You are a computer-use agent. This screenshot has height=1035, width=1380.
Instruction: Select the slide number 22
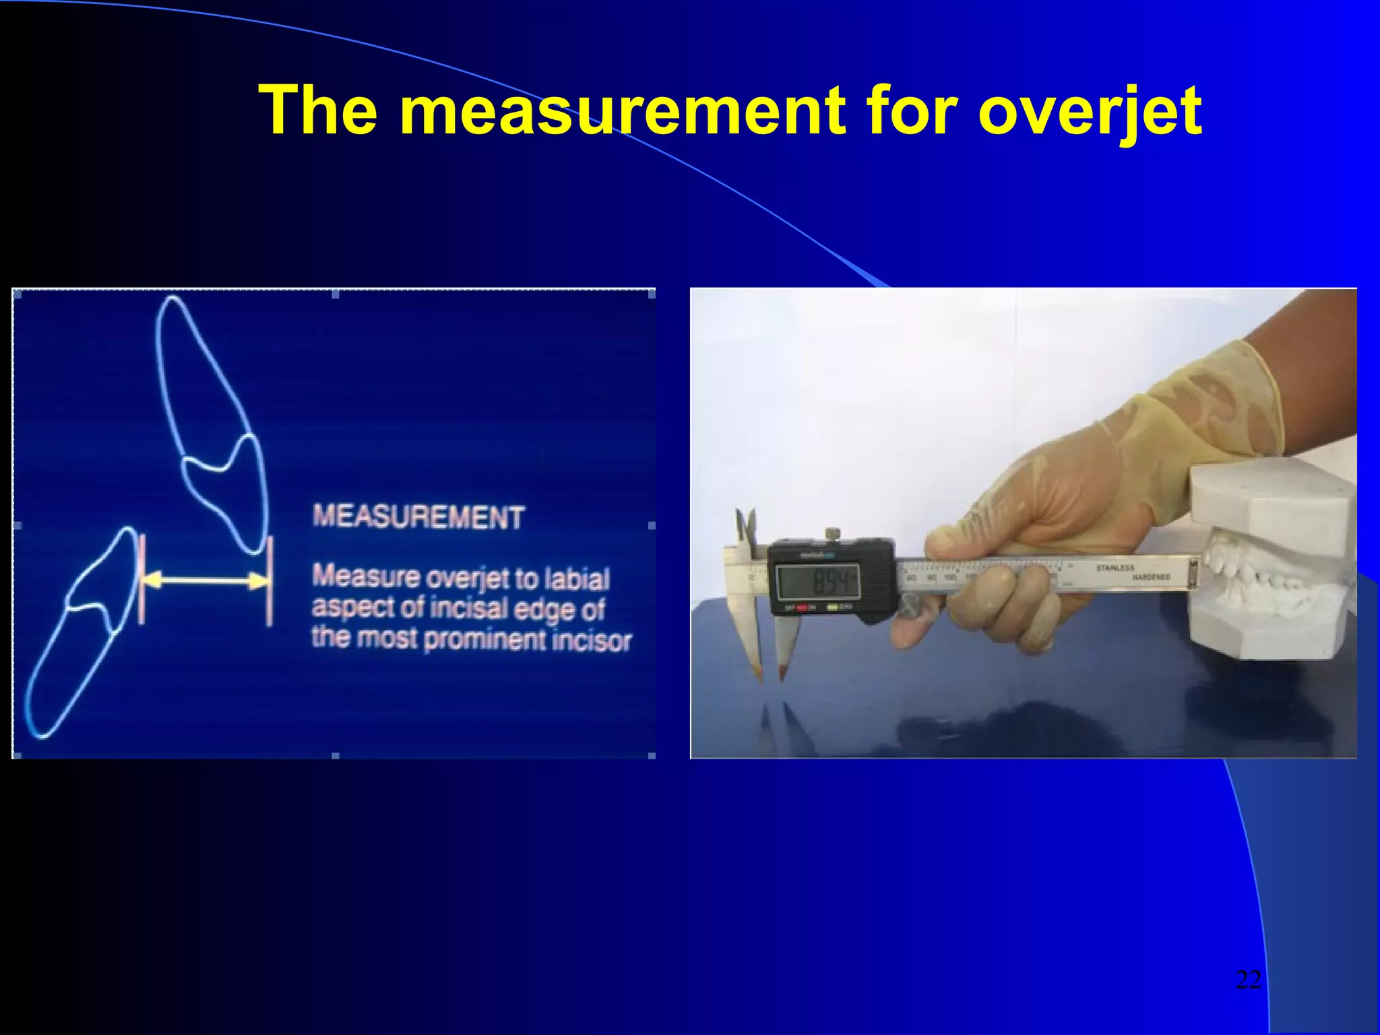[1248, 979]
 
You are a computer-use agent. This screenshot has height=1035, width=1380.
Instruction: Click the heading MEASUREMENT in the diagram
[418, 517]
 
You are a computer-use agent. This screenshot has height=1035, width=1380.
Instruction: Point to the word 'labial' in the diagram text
[577, 579]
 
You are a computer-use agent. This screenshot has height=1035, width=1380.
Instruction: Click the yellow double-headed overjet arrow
[205, 579]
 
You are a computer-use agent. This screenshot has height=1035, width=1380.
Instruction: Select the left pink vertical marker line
[142, 579]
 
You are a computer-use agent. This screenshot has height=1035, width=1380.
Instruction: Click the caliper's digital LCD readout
[817, 581]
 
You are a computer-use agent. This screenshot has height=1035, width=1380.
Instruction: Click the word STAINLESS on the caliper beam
[1115, 568]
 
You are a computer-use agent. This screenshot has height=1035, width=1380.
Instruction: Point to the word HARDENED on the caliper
[1150, 577]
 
